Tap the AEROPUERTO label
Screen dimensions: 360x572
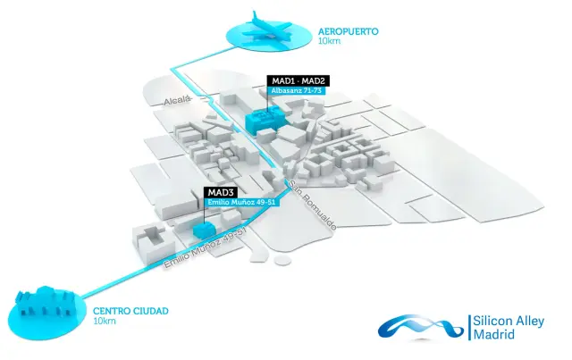click(349, 31)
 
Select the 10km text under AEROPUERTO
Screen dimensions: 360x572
click(329, 42)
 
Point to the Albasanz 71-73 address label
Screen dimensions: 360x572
click(296, 91)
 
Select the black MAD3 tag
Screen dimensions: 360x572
click(221, 192)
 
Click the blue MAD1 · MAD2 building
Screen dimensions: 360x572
click(265, 119)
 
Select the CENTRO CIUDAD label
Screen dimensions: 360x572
click(130, 311)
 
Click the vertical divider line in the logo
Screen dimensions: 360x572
click(468, 327)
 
